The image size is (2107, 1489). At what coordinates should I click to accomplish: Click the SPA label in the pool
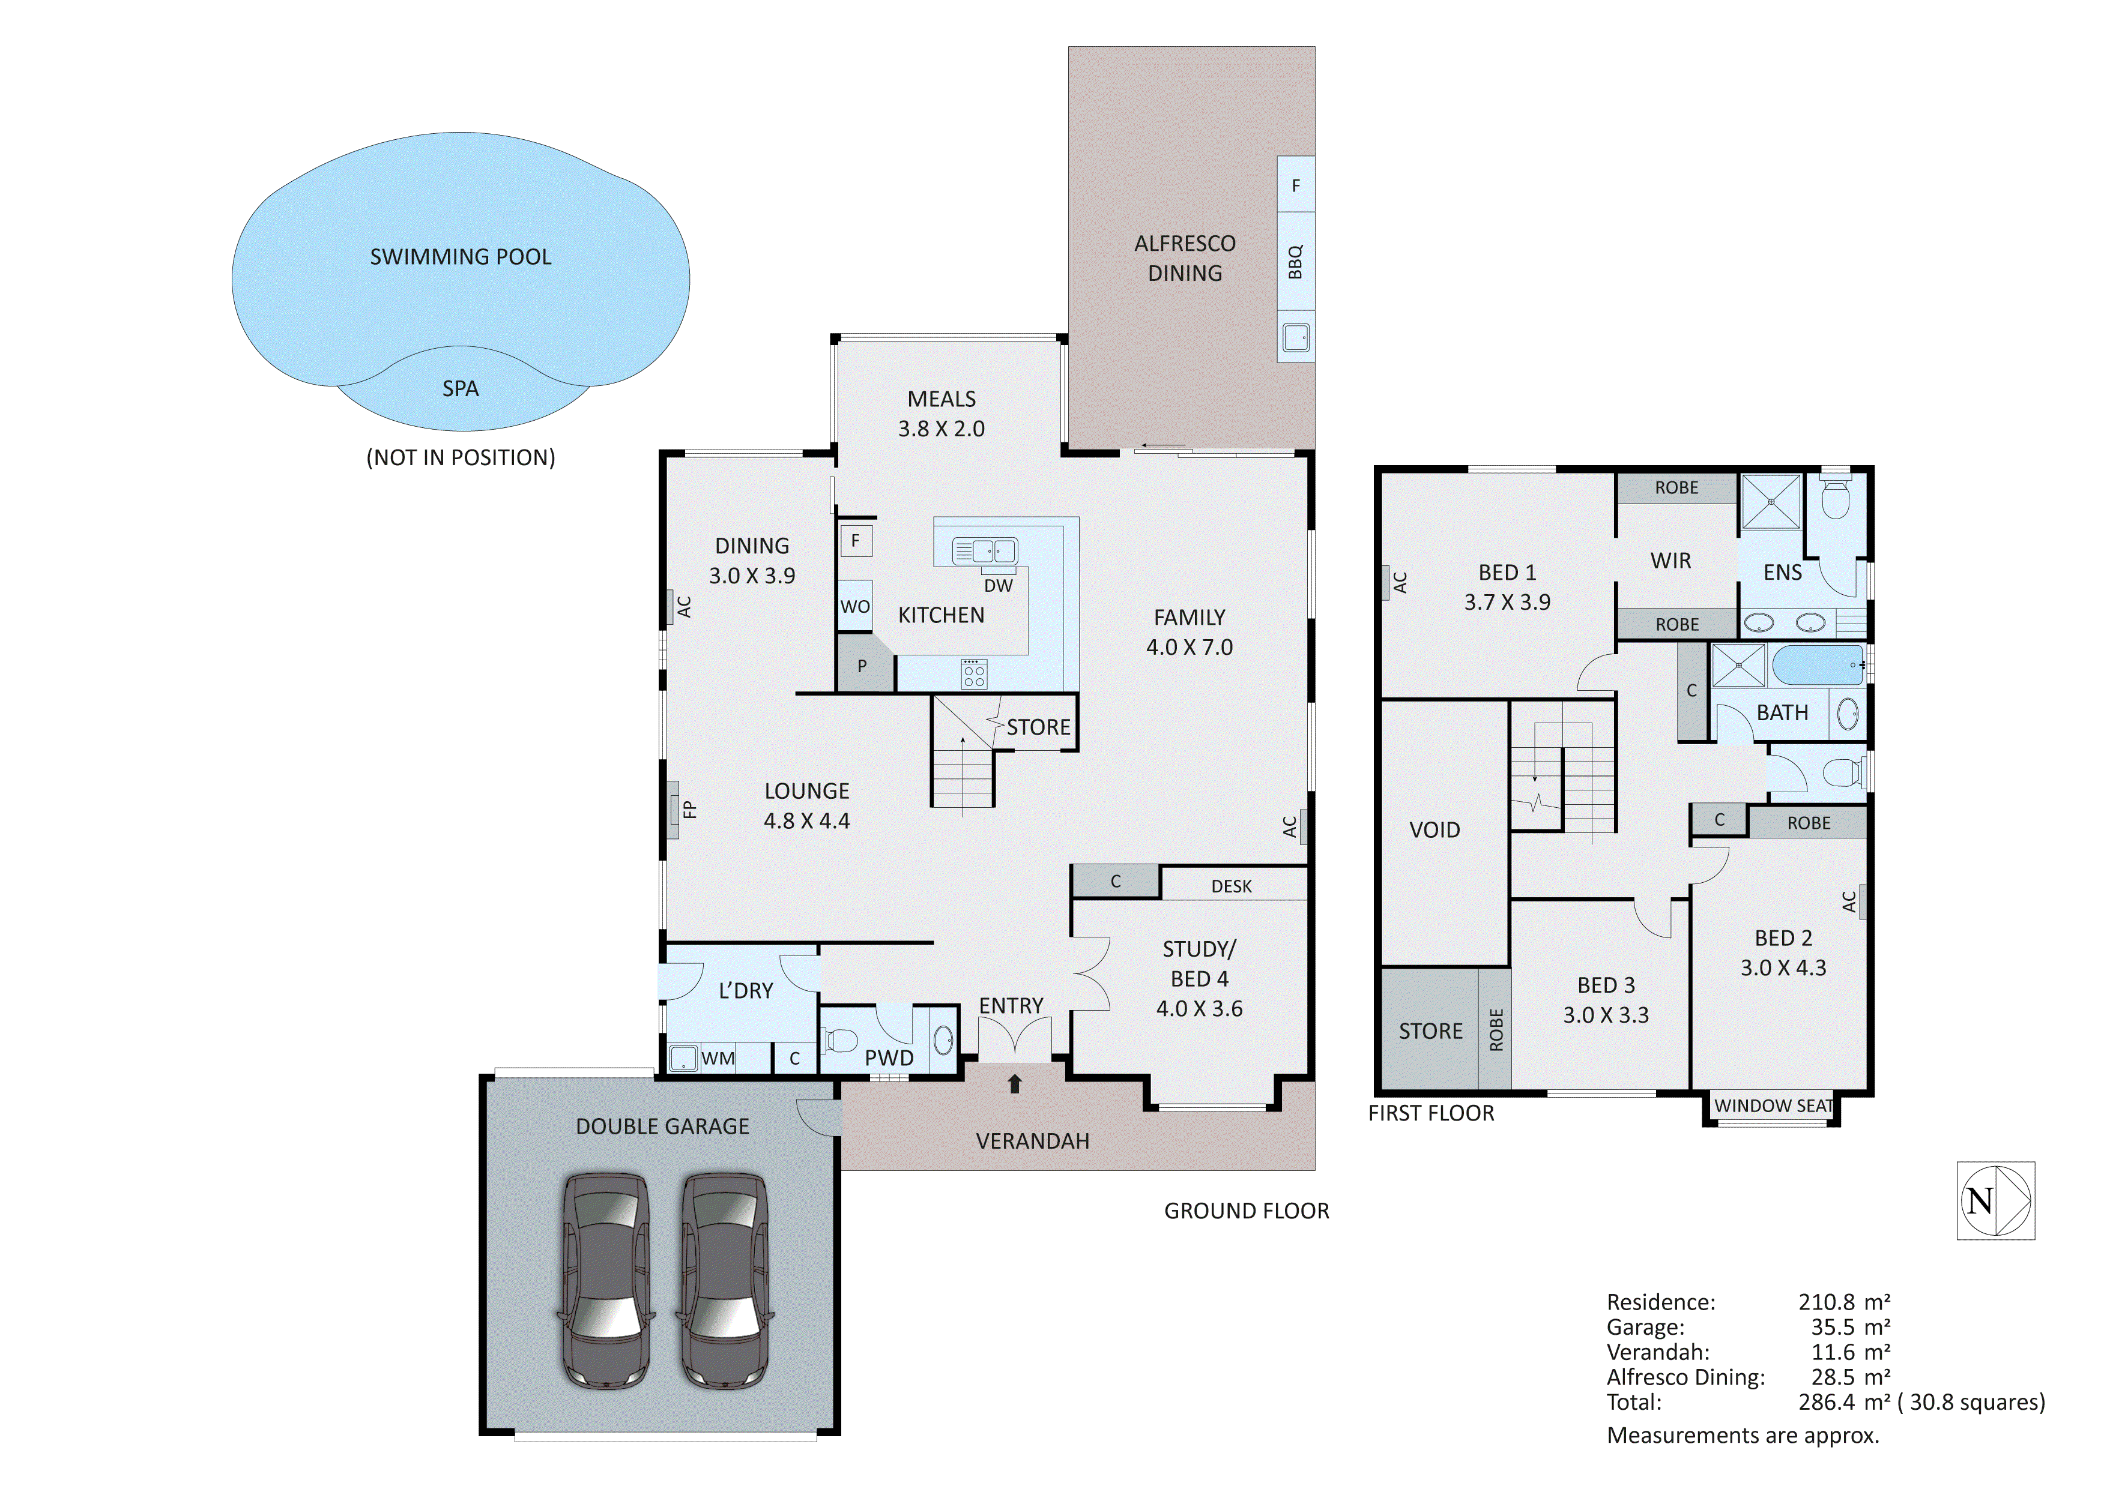[460, 388]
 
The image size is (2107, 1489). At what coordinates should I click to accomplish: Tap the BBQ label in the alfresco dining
[1295, 262]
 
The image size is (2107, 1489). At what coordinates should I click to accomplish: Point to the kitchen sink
[985, 550]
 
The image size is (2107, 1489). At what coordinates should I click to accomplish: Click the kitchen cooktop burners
[974, 675]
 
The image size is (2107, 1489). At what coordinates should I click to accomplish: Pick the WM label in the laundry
[718, 1058]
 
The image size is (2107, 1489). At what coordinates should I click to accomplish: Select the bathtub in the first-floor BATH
[1816, 664]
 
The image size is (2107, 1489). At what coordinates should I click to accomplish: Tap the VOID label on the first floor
[1434, 829]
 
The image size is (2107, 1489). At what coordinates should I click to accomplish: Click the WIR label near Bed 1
[1670, 561]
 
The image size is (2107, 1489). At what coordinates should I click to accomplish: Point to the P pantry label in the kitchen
[862, 666]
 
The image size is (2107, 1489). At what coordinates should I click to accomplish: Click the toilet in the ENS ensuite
[1836, 500]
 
